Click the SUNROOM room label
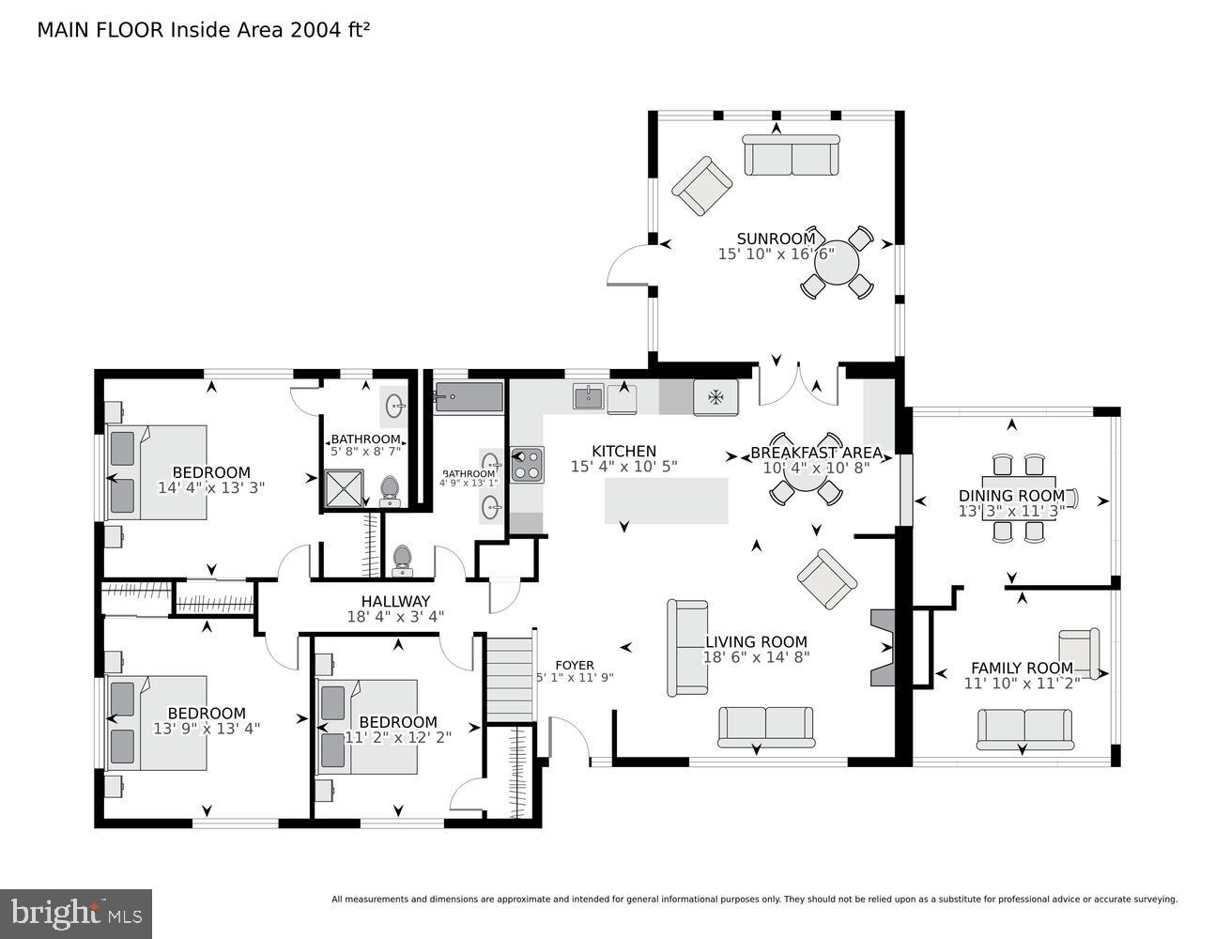click(x=776, y=239)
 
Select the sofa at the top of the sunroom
click(x=792, y=155)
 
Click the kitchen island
click(x=666, y=500)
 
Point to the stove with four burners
click(x=527, y=465)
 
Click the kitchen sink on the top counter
click(x=589, y=397)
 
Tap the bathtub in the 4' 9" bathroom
click(x=469, y=396)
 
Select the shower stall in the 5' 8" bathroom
click(x=344, y=488)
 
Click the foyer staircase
click(x=510, y=677)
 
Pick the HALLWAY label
click(x=395, y=601)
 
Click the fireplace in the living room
click(x=884, y=648)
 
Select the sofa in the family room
click(x=1024, y=729)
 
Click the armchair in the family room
click(x=1079, y=653)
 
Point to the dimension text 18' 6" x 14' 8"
click(x=756, y=657)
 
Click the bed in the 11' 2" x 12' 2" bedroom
click(x=367, y=727)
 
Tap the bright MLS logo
click(x=76, y=912)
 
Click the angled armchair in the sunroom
click(x=701, y=185)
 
